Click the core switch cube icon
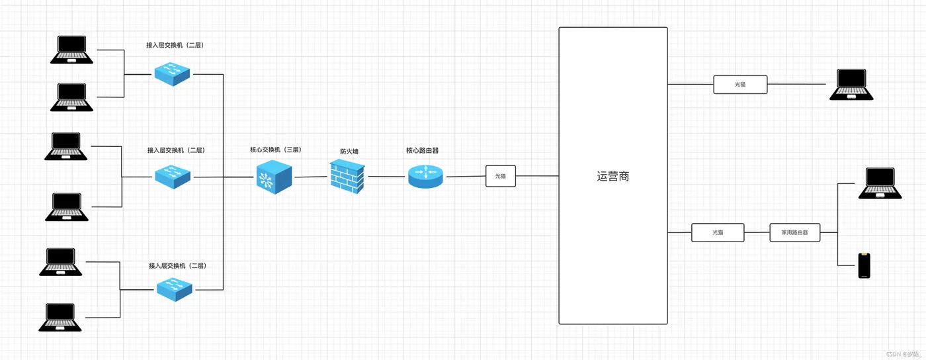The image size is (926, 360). [x=274, y=177]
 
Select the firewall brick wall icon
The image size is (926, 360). [x=347, y=177]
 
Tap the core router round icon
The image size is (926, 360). [x=425, y=175]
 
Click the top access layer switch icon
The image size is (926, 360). [x=172, y=73]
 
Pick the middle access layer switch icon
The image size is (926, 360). [x=173, y=175]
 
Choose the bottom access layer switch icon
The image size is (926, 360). [x=175, y=289]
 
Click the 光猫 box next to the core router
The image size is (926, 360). [x=500, y=176]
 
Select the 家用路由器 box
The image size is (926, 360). [x=794, y=232]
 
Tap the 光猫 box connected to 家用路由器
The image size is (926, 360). [x=718, y=232]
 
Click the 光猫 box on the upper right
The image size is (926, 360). [x=740, y=84]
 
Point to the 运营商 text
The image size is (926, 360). [x=612, y=177]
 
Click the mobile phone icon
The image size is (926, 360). [x=864, y=265]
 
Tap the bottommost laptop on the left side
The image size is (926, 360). [x=60, y=317]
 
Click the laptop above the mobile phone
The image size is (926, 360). [x=880, y=183]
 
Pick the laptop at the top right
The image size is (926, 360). [x=851, y=85]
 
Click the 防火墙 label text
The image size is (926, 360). [x=349, y=152]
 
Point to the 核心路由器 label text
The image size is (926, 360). [x=422, y=150]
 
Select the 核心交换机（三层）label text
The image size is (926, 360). [x=275, y=150]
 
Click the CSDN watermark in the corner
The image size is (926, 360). [x=904, y=354]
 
